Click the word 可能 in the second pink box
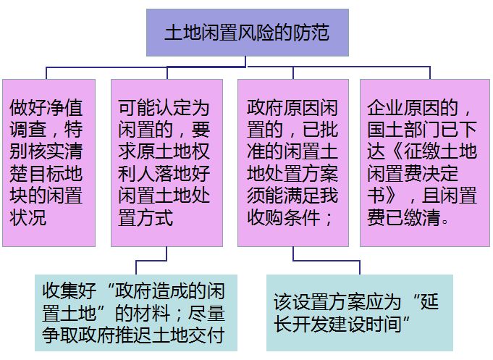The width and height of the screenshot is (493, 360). (x=136, y=109)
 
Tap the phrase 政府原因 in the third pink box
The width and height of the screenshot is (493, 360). (x=284, y=109)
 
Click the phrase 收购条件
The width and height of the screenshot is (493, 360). (x=284, y=217)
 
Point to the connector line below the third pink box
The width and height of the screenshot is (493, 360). (x=292, y=254)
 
